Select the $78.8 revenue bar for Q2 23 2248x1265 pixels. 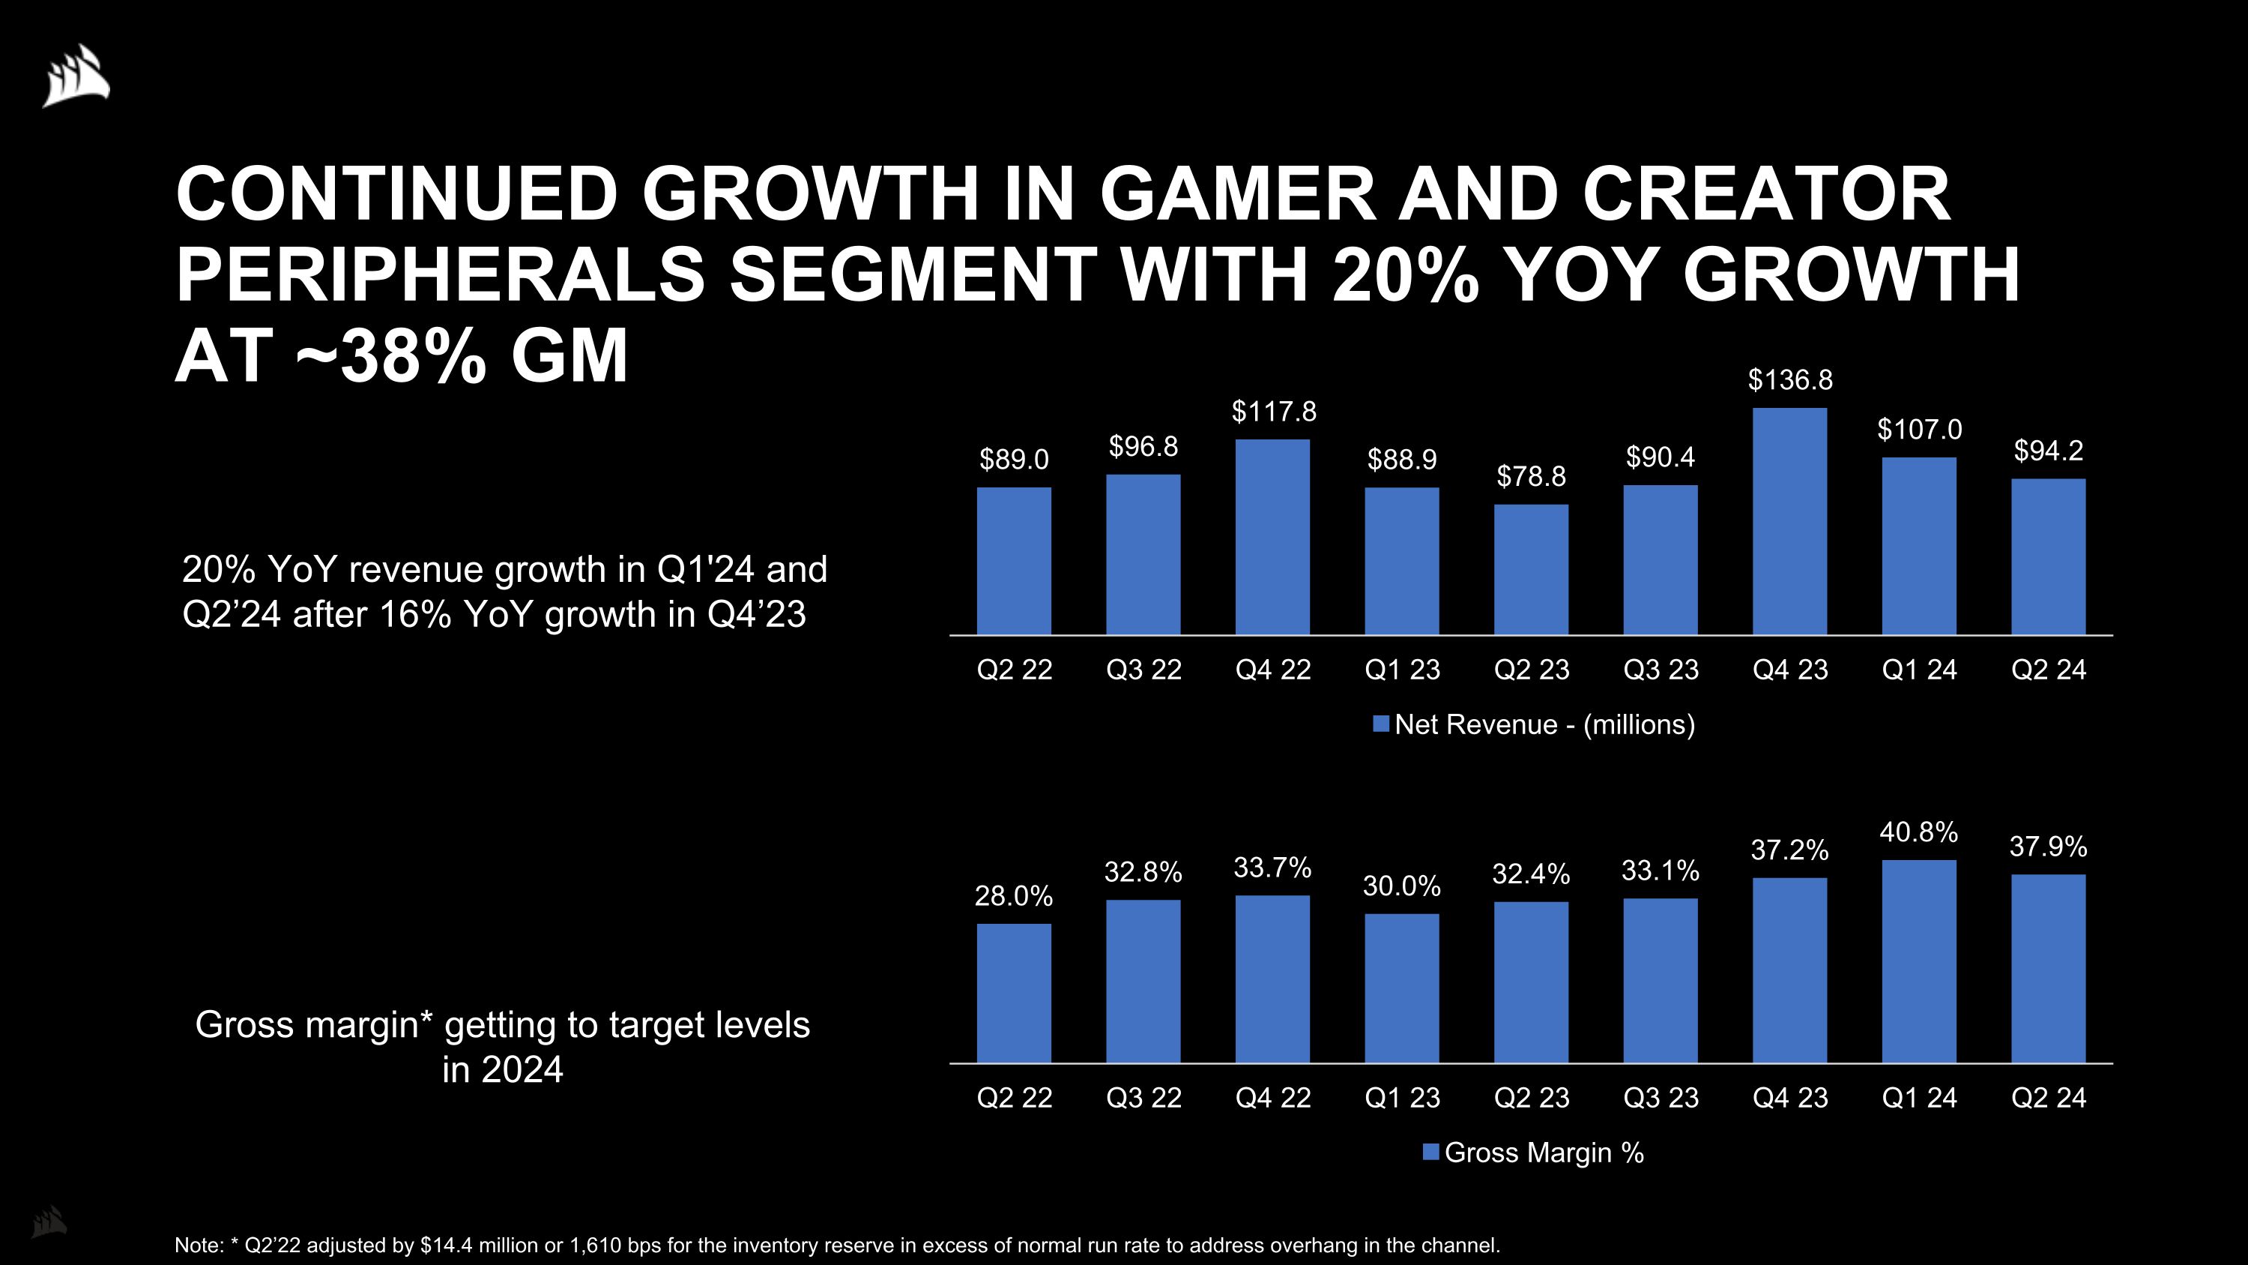coord(1531,569)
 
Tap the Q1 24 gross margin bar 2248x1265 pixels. coord(1918,961)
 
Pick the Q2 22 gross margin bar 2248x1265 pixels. coord(1013,993)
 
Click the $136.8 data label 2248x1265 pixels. coord(1790,379)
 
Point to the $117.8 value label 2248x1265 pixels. coord(1273,411)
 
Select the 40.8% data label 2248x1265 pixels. coord(1918,832)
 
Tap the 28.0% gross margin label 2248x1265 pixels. coord(1013,896)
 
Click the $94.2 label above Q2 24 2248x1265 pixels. coord(2047,451)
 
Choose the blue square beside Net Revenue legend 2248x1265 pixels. coord(1380,724)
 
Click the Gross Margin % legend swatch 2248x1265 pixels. coord(1430,1153)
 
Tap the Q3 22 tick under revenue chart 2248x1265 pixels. coord(1143,670)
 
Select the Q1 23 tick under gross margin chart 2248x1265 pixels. coord(1401,1097)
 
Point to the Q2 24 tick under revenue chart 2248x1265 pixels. coord(2047,670)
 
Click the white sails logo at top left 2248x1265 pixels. coord(76,76)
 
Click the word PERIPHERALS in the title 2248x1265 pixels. coord(440,274)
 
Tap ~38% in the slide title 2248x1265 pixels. coord(391,355)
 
